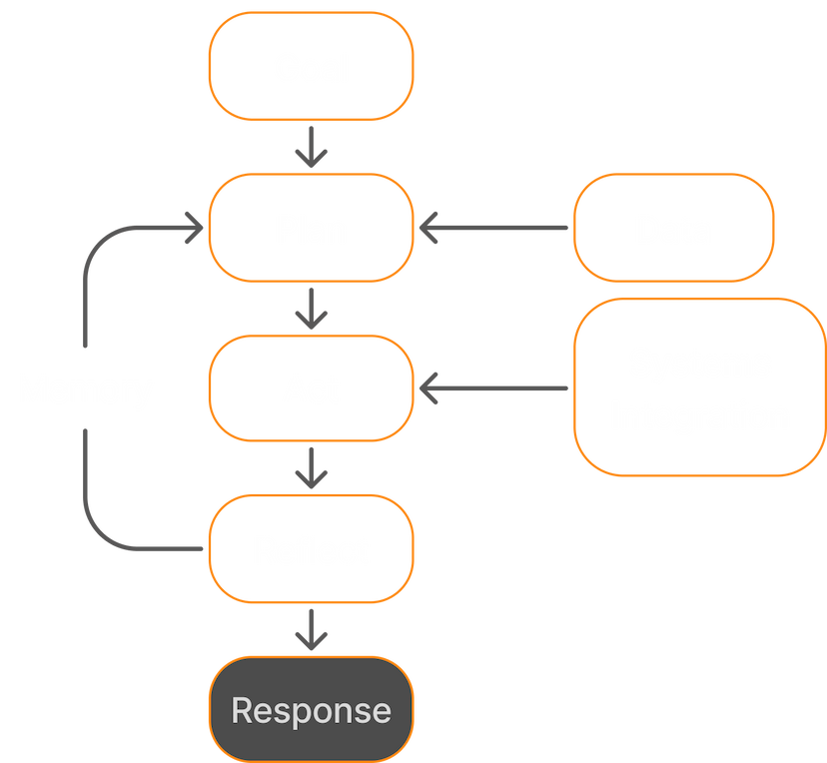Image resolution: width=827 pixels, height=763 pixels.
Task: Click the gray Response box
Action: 311,710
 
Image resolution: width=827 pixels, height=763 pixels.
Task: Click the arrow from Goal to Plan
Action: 312,148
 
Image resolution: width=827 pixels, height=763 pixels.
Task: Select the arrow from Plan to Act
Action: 312,309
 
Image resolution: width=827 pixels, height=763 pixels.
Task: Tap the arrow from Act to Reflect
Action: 312,467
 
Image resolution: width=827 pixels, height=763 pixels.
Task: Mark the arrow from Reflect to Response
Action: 312,629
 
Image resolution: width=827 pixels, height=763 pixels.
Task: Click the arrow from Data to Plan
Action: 494,229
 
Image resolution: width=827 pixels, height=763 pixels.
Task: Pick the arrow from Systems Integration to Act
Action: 494,388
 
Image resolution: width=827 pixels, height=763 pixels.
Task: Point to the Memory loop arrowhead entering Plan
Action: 190,229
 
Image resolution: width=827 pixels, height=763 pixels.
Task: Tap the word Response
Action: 311,710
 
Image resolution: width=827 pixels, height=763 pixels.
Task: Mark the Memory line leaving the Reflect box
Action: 150,548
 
